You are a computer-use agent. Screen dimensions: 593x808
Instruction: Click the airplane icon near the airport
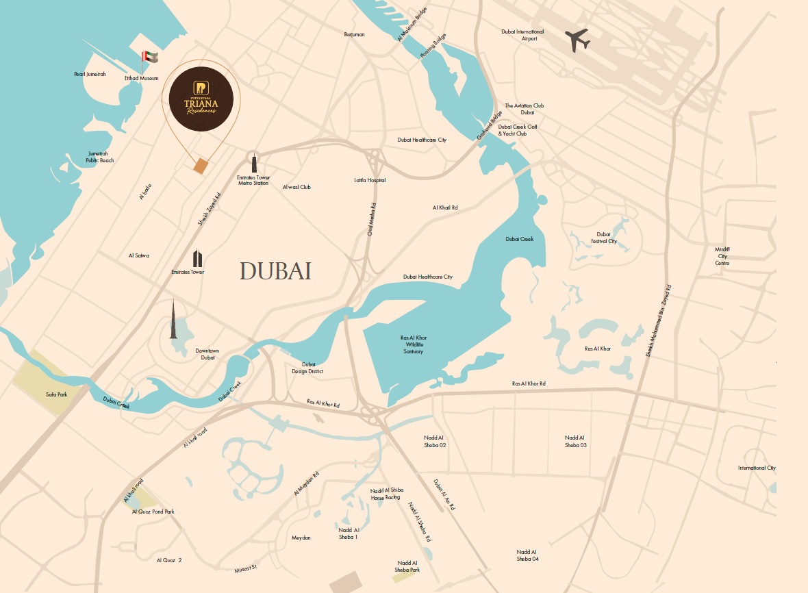pos(579,40)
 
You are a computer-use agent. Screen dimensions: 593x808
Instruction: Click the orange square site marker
pos(201,166)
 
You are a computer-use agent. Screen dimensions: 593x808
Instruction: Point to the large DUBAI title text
pos(275,271)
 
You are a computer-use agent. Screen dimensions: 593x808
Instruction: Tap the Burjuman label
pos(354,34)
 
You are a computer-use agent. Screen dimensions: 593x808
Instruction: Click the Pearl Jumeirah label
pos(90,74)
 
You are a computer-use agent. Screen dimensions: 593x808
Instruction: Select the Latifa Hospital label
pos(369,180)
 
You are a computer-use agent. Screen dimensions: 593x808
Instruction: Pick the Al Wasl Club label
pos(296,186)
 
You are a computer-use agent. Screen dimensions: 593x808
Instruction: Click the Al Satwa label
pos(138,255)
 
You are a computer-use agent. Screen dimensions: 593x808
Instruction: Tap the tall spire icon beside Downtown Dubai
pos(173,320)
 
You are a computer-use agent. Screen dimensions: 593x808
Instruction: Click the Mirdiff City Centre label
pos(722,256)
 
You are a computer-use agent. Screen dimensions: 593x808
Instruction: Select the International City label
pos(757,468)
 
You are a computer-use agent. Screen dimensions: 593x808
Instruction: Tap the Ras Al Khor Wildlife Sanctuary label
pos(412,344)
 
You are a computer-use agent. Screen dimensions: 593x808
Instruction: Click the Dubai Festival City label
pos(603,238)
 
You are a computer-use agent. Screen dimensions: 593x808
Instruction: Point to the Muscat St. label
pos(244,567)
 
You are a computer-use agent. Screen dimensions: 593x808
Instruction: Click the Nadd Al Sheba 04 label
pos(527,555)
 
